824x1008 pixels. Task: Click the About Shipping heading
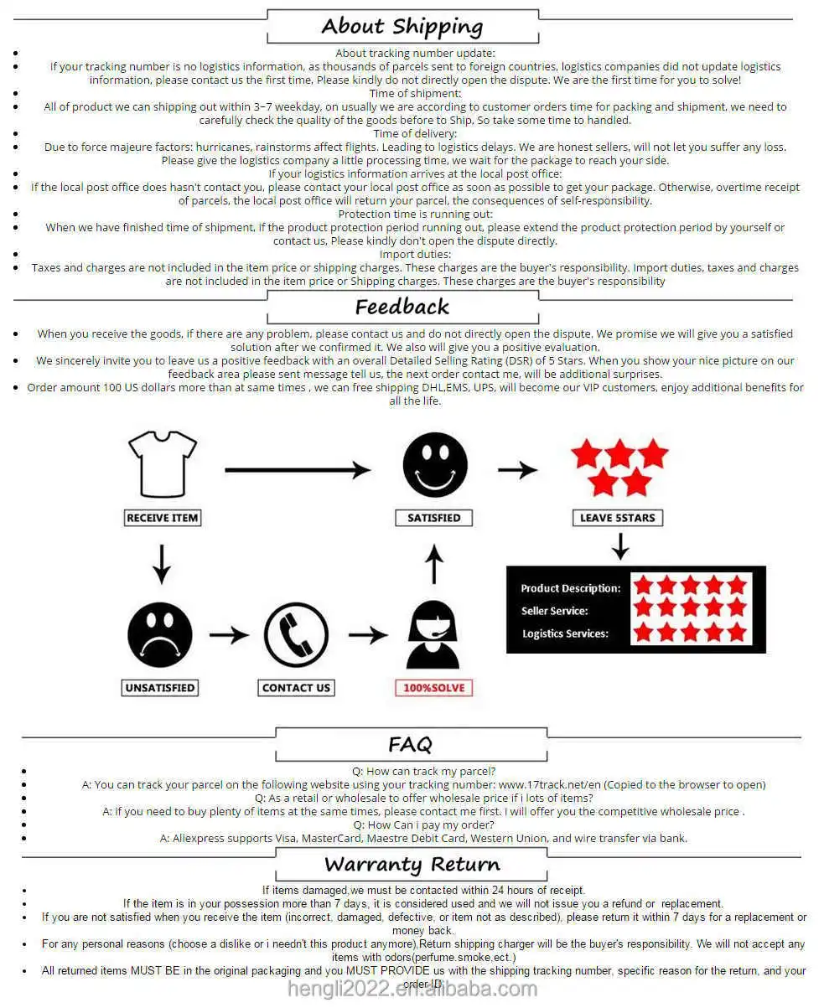point(402,27)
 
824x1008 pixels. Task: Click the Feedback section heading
point(402,307)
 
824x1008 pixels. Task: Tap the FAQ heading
point(410,744)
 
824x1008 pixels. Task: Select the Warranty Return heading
point(412,864)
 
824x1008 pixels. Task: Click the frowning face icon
point(160,635)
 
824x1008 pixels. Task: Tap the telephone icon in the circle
point(296,635)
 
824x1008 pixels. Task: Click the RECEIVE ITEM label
point(163,518)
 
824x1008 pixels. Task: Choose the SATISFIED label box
point(433,518)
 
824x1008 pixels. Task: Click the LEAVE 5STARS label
point(618,518)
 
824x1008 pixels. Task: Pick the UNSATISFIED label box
point(160,688)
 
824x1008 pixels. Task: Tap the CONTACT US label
point(296,688)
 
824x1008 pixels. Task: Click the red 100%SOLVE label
point(433,688)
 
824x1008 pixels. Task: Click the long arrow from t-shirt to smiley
point(298,470)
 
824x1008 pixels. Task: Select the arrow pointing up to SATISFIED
point(433,564)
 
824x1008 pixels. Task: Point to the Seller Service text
point(555,611)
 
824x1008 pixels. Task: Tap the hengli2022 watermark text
point(412,990)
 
